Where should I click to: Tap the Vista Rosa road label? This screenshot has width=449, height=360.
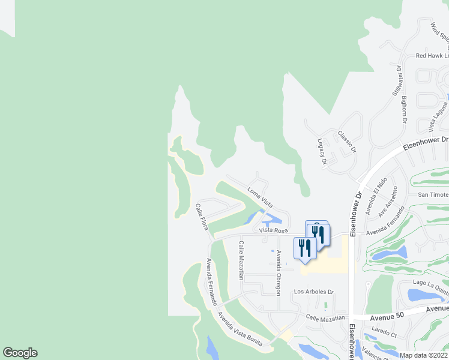[x=274, y=230]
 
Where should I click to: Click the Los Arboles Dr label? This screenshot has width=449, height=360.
[x=313, y=292]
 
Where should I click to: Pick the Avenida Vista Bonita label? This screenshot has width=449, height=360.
[x=240, y=326]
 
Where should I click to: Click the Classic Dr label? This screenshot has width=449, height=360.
[x=347, y=142]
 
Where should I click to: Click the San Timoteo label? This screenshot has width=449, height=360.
[x=433, y=195]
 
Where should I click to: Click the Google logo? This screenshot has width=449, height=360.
[x=20, y=353]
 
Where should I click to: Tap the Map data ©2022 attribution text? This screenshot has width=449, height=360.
[x=424, y=355]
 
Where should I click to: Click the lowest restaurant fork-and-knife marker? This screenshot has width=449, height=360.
[x=305, y=248]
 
